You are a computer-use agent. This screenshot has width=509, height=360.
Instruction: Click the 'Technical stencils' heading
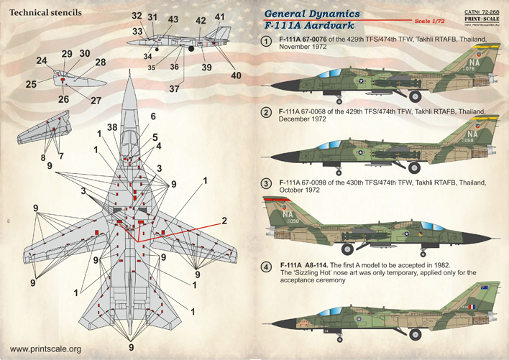tap(42, 13)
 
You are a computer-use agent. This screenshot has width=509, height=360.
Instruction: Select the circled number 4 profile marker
tap(267, 268)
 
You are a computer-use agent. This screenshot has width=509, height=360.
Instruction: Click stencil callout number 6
tap(152, 116)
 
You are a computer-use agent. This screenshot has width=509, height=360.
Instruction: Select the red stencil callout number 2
tap(224, 220)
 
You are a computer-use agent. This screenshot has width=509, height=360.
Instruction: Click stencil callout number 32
tap(137, 15)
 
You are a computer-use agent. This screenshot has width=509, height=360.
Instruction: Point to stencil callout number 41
tap(219, 17)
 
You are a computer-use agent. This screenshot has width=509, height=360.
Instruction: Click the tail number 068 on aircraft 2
tap(472, 140)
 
